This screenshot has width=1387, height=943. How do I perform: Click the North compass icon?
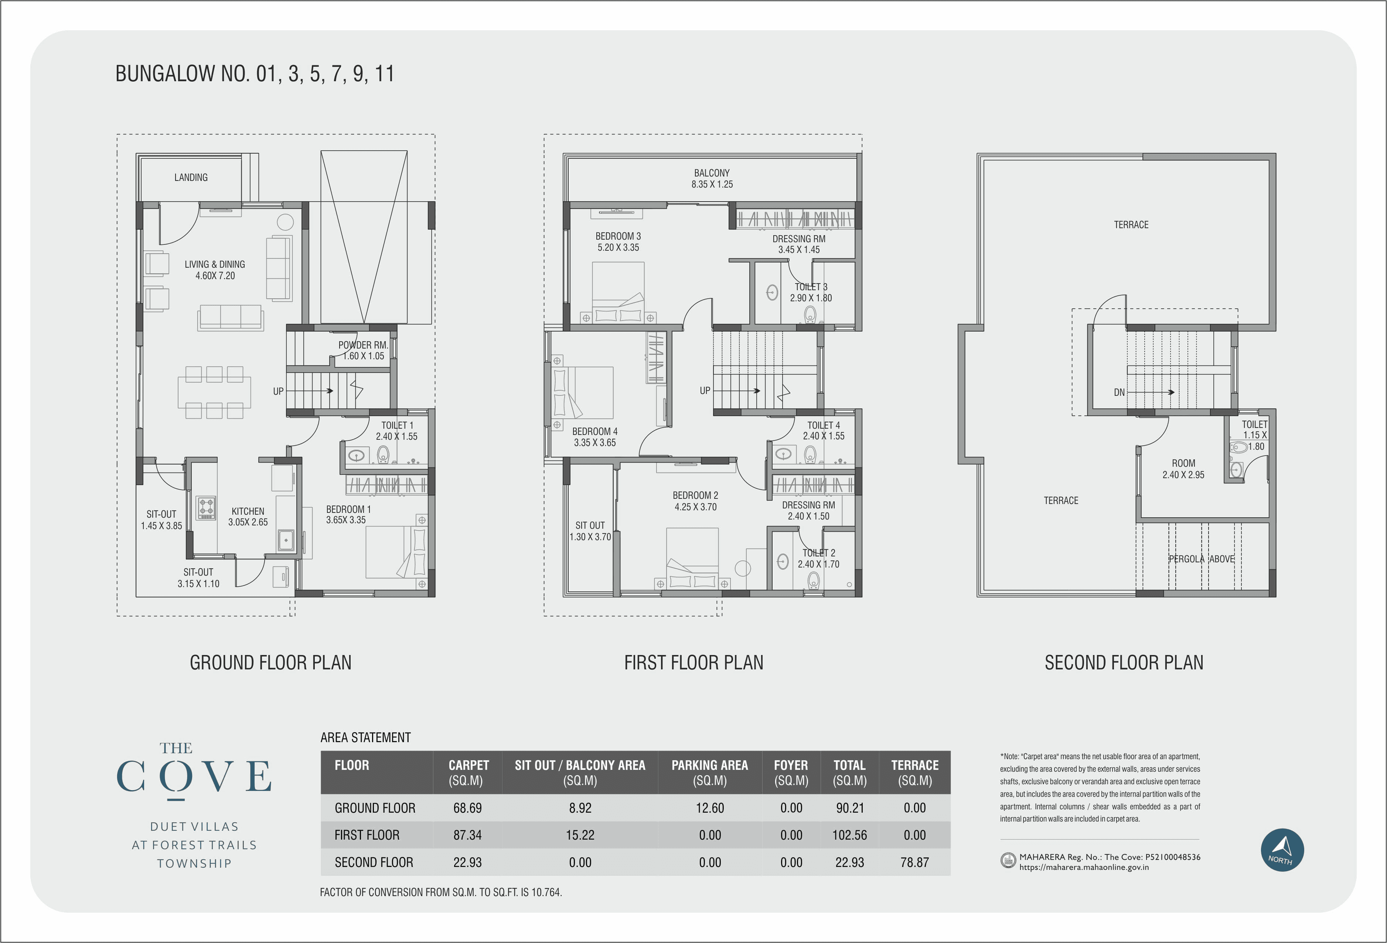(1282, 850)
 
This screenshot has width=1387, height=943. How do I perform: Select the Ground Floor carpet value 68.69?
(467, 808)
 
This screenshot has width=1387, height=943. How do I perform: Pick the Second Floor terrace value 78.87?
(914, 863)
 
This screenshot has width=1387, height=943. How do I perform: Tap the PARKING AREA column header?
(710, 772)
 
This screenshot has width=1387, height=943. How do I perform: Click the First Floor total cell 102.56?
(849, 835)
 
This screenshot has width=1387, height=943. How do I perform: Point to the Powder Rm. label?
(363, 350)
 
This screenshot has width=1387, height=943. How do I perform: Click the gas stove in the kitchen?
(207, 508)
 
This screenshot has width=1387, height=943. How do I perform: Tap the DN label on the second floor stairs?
(1119, 392)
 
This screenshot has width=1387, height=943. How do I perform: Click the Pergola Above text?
(1202, 559)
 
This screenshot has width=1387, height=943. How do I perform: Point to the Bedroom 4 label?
(594, 436)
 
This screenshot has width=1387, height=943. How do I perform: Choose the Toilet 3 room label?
(811, 292)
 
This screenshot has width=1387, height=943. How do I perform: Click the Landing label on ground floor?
(191, 178)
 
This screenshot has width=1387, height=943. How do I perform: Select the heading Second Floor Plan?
(1124, 663)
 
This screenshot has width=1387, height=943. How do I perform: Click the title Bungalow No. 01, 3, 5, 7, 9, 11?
(255, 74)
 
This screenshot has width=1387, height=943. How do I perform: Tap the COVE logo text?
(194, 776)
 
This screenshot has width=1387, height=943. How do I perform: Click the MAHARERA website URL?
(1084, 867)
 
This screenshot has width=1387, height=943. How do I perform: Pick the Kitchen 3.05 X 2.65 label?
(248, 517)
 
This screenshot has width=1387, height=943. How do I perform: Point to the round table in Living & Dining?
(285, 223)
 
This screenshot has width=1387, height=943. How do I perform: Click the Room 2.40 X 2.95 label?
(1183, 469)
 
